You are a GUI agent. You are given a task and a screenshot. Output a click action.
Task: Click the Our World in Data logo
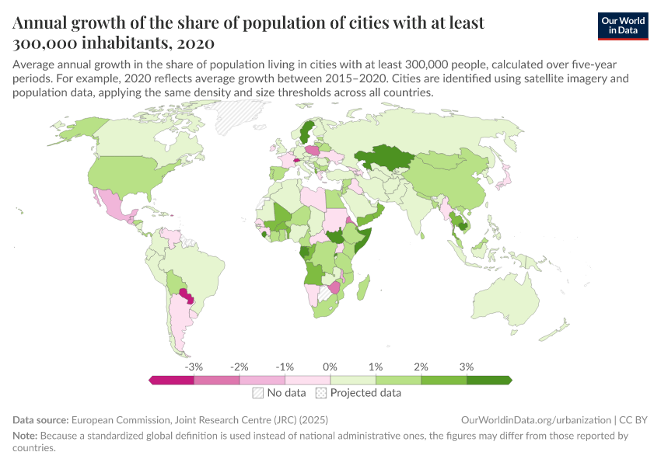point(622,26)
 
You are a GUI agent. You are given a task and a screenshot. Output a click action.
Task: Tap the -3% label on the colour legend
point(194,366)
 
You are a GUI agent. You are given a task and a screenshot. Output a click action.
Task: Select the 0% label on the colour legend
point(330,366)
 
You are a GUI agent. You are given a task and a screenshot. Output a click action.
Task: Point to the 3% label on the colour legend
point(467,366)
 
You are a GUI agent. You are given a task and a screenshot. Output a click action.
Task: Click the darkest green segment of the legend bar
point(488,380)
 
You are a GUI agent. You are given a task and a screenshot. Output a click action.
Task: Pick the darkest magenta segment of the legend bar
point(171,380)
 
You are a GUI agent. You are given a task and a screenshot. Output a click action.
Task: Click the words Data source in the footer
point(40,419)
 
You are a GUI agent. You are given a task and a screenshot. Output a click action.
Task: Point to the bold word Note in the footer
point(26,436)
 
